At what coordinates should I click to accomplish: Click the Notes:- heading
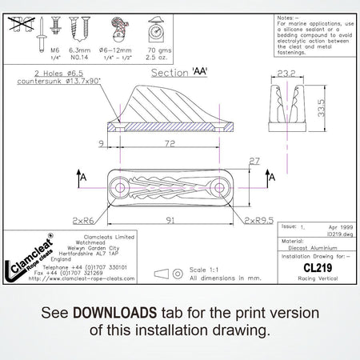286,16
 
